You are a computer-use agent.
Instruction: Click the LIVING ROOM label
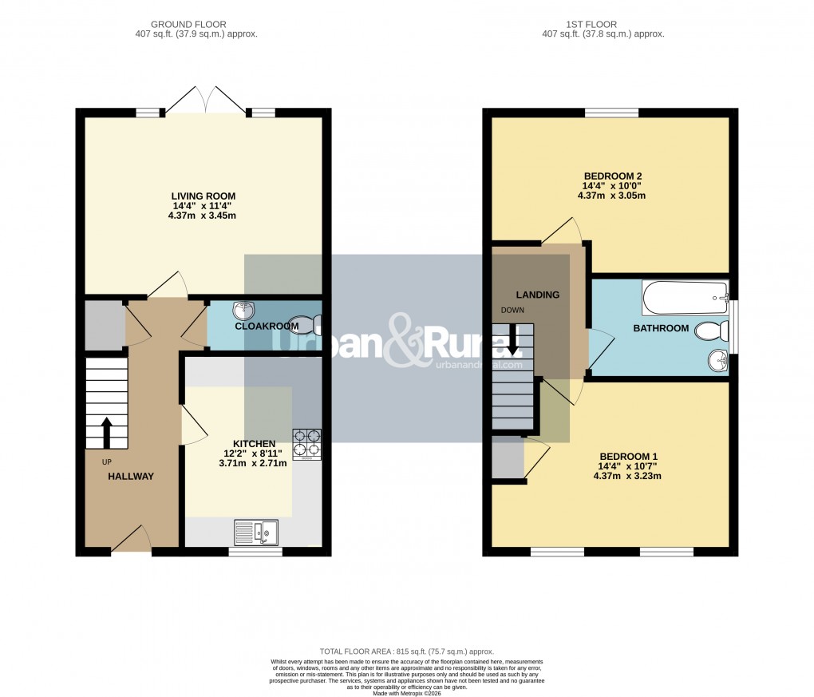pos(203,196)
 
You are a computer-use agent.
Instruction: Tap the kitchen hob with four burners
pos(306,445)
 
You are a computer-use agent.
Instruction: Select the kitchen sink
pos(256,531)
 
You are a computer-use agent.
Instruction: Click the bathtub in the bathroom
pos(686,298)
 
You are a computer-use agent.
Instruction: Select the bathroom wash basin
pos(717,362)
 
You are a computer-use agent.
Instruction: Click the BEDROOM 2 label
pos(613,176)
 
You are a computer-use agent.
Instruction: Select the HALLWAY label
pos(131,477)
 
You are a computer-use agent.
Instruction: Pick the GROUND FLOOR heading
pos(196,24)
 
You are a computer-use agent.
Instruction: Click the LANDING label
pos(537,295)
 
